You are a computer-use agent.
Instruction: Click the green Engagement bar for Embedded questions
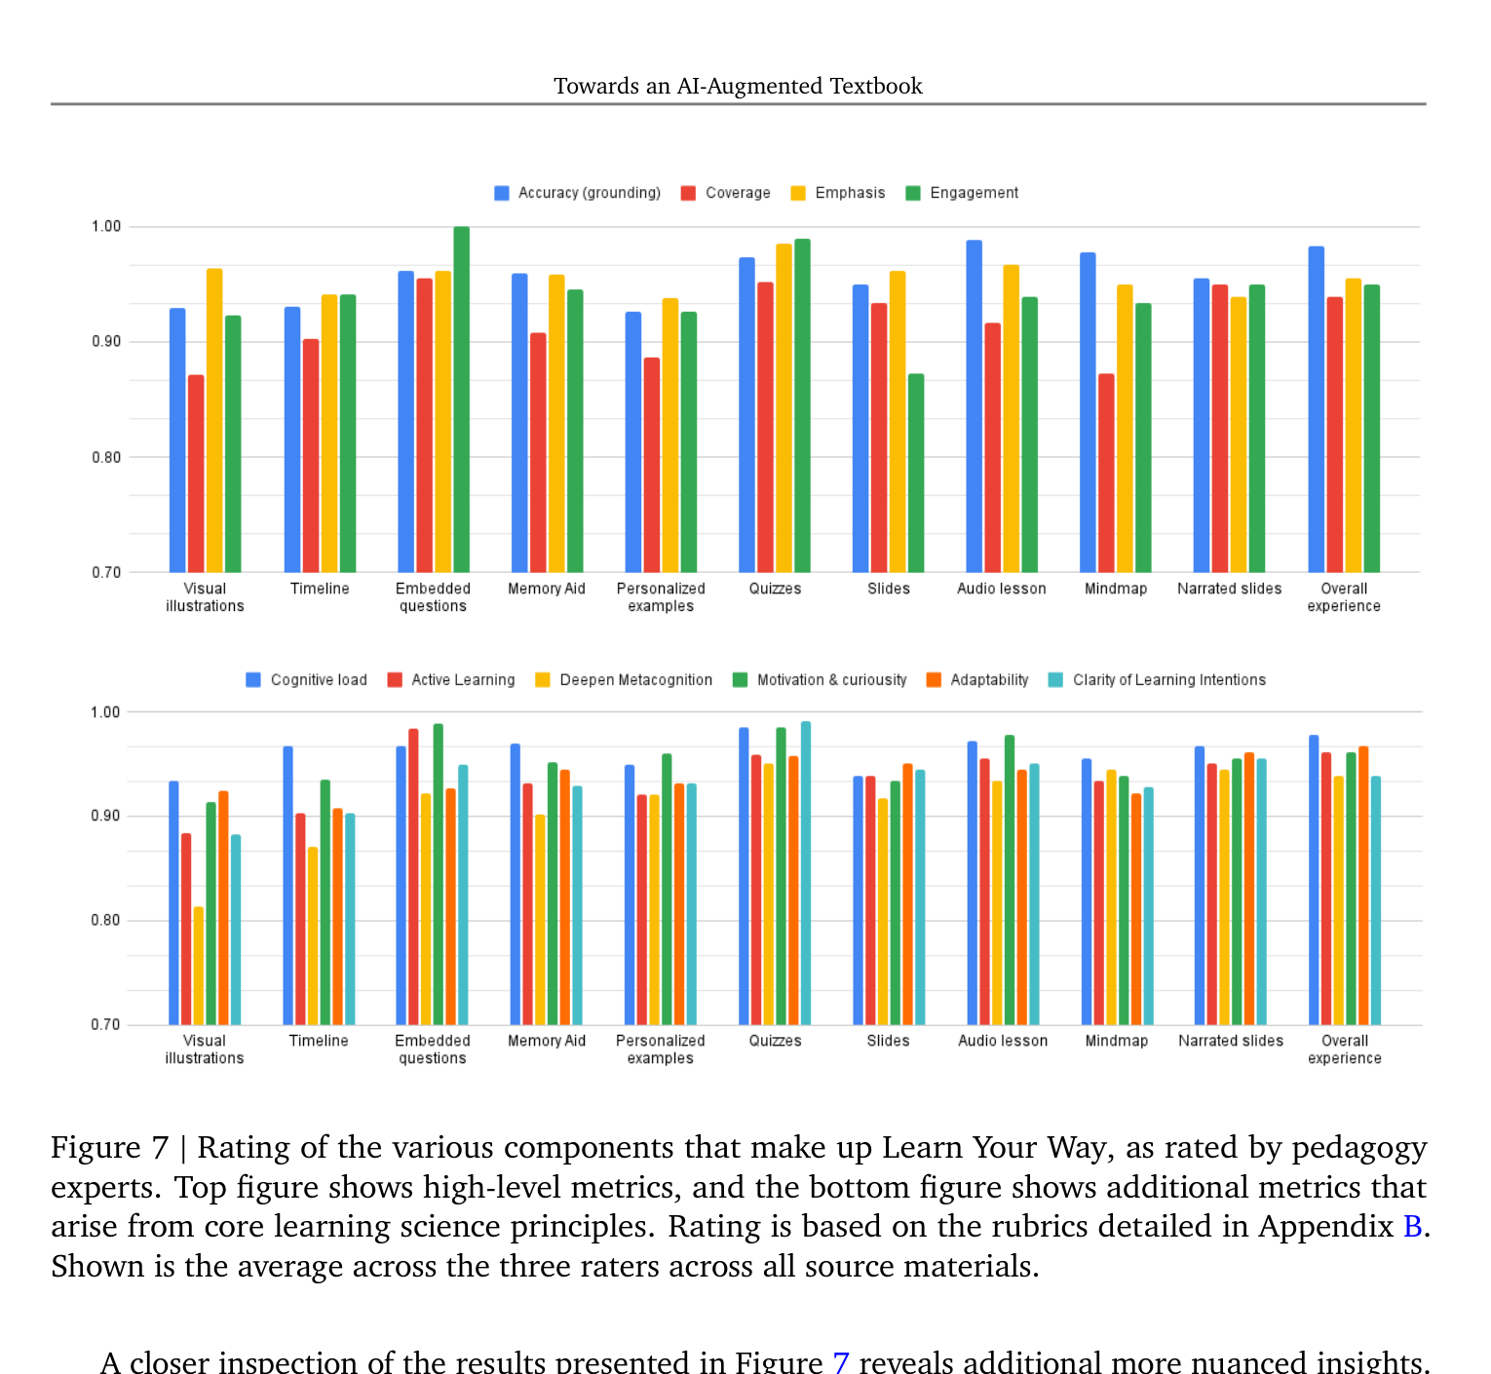[x=461, y=400]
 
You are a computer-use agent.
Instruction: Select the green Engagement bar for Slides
[x=916, y=473]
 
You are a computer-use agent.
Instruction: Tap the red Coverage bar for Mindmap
[x=1106, y=473]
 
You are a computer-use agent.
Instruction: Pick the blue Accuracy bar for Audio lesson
[x=974, y=406]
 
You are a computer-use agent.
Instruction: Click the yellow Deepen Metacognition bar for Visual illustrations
[x=199, y=965]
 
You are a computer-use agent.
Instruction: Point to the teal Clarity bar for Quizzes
[x=806, y=873]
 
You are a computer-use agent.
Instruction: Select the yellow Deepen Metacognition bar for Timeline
[x=313, y=935]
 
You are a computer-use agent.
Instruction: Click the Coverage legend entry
[x=725, y=193]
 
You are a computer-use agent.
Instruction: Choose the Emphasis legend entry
[x=838, y=193]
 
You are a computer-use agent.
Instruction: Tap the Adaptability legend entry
[x=977, y=679]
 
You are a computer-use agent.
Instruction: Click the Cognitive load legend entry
[x=306, y=679]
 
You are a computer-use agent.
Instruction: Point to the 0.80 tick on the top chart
[x=106, y=457]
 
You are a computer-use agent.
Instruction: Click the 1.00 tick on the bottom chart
[x=105, y=712]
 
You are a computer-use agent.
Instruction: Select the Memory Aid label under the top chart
[x=547, y=589]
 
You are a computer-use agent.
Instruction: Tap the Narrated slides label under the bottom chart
[x=1231, y=1040]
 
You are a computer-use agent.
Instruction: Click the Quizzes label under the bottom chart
[x=776, y=1040]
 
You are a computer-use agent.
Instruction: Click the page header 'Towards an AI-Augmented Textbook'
[x=738, y=86]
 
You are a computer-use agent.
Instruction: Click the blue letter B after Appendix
[x=1412, y=1226]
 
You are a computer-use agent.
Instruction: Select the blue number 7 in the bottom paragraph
[x=841, y=1362]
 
